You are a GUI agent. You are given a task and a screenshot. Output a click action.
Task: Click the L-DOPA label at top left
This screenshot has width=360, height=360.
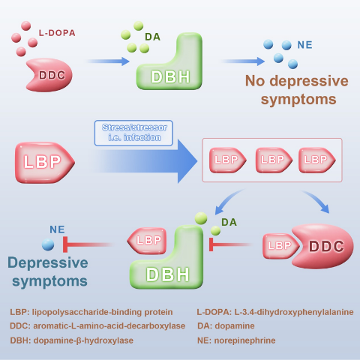57,33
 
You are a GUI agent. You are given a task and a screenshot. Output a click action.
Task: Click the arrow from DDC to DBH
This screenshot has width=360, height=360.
108,61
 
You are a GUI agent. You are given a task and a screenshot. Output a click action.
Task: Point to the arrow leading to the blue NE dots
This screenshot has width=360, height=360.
243,61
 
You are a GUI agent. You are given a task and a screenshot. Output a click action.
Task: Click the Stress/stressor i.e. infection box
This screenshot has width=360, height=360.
133,133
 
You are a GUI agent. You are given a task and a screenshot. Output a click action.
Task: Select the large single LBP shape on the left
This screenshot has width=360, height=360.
44,163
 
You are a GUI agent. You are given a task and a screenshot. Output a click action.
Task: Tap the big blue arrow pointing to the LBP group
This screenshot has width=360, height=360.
145,161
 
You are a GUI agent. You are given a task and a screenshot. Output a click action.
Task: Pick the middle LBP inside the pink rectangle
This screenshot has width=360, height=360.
274,160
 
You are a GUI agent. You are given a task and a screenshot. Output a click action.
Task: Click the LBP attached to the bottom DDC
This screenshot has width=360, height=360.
280,246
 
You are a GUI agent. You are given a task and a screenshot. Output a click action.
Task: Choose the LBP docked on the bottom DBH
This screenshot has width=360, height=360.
147,241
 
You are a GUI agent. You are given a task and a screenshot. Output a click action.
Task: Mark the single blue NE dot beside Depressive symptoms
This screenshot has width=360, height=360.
48,244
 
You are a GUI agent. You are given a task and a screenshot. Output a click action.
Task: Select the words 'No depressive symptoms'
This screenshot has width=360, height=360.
297,90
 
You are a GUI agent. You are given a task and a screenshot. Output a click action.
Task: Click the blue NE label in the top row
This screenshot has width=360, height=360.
304,45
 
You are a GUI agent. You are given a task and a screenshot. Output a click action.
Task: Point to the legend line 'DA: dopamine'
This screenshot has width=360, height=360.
226,325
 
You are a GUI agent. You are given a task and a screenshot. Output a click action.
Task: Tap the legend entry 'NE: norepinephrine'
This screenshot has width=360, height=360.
236,340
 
